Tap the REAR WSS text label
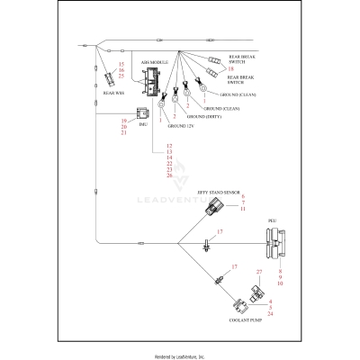coord(112,93)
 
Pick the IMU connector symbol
coord(140,114)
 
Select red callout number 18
coord(230,68)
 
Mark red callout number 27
coord(258,271)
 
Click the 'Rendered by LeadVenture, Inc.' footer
coord(180,355)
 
